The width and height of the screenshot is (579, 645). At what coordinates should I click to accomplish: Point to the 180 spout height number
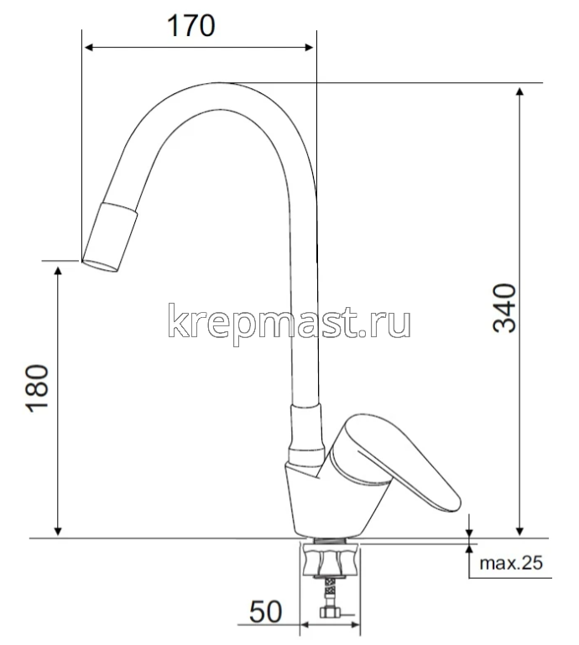click(39, 388)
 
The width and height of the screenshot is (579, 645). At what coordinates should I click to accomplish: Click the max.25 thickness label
click(511, 563)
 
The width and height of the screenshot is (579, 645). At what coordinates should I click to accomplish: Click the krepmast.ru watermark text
click(289, 322)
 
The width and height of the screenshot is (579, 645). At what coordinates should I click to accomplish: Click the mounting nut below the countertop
click(332, 559)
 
